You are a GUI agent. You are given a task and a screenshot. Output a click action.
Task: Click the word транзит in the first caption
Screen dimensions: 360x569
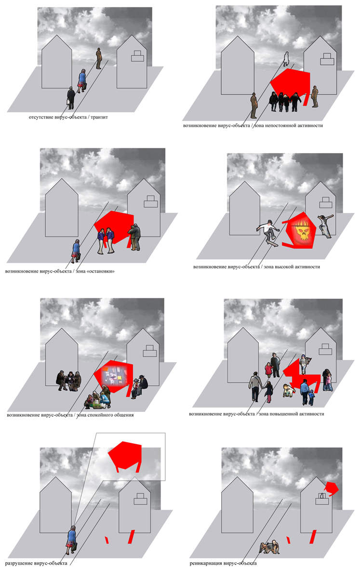pos(99,117)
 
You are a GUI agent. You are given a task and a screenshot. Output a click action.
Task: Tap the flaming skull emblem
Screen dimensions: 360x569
pos(301,233)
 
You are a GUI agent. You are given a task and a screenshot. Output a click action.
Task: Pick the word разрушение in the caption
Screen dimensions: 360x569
pos(19,563)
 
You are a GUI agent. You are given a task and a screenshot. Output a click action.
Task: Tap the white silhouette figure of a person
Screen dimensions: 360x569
pos(286,59)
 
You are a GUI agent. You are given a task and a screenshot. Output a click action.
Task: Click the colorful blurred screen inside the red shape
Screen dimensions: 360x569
pos(114,376)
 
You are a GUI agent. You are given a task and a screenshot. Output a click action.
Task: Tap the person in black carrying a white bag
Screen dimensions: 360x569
pos(71,98)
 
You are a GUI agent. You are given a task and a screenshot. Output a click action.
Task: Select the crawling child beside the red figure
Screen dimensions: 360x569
pos(289,390)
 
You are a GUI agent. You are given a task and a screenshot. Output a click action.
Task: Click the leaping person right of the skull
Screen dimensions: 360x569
pos(325,225)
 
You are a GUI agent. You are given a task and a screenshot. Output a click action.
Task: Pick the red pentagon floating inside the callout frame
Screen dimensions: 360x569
pos(125,455)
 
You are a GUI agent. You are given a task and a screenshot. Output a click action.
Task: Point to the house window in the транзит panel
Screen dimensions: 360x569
pos(137,56)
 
